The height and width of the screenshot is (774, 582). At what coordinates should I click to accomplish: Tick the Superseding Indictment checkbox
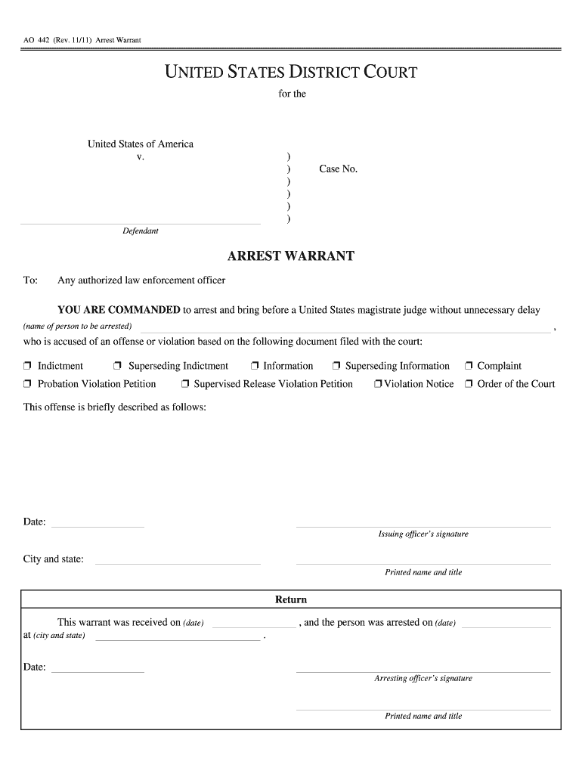pos(118,367)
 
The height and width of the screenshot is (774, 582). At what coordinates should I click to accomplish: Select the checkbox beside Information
pos(255,367)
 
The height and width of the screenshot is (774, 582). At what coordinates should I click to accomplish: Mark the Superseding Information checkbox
pos(337,367)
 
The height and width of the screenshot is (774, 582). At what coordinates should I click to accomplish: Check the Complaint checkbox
pos(469,367)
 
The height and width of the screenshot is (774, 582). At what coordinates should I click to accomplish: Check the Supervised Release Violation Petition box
pos(185,385)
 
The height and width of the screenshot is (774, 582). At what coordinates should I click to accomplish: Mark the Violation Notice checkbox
pos(377,385)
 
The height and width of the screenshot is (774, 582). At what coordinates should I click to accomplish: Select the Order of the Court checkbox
pos(469,385)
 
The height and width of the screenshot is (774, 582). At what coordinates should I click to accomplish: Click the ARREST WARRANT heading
pos(291,256)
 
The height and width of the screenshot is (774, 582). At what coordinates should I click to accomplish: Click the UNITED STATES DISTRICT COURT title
pos(291,73)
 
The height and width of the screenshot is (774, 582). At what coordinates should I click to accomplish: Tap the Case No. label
pos(338,169)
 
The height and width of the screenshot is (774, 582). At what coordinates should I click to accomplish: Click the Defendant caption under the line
pos(141,231)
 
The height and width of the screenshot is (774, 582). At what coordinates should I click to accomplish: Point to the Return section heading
pos(291,599)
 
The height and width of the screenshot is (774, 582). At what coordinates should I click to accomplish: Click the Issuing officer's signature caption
pos(423,534)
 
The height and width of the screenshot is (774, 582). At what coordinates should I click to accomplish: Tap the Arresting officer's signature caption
pos(423,678)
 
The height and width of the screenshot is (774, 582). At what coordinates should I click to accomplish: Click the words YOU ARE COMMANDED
pos(119,311)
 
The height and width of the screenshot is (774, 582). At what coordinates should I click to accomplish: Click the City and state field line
pos(178,563)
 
